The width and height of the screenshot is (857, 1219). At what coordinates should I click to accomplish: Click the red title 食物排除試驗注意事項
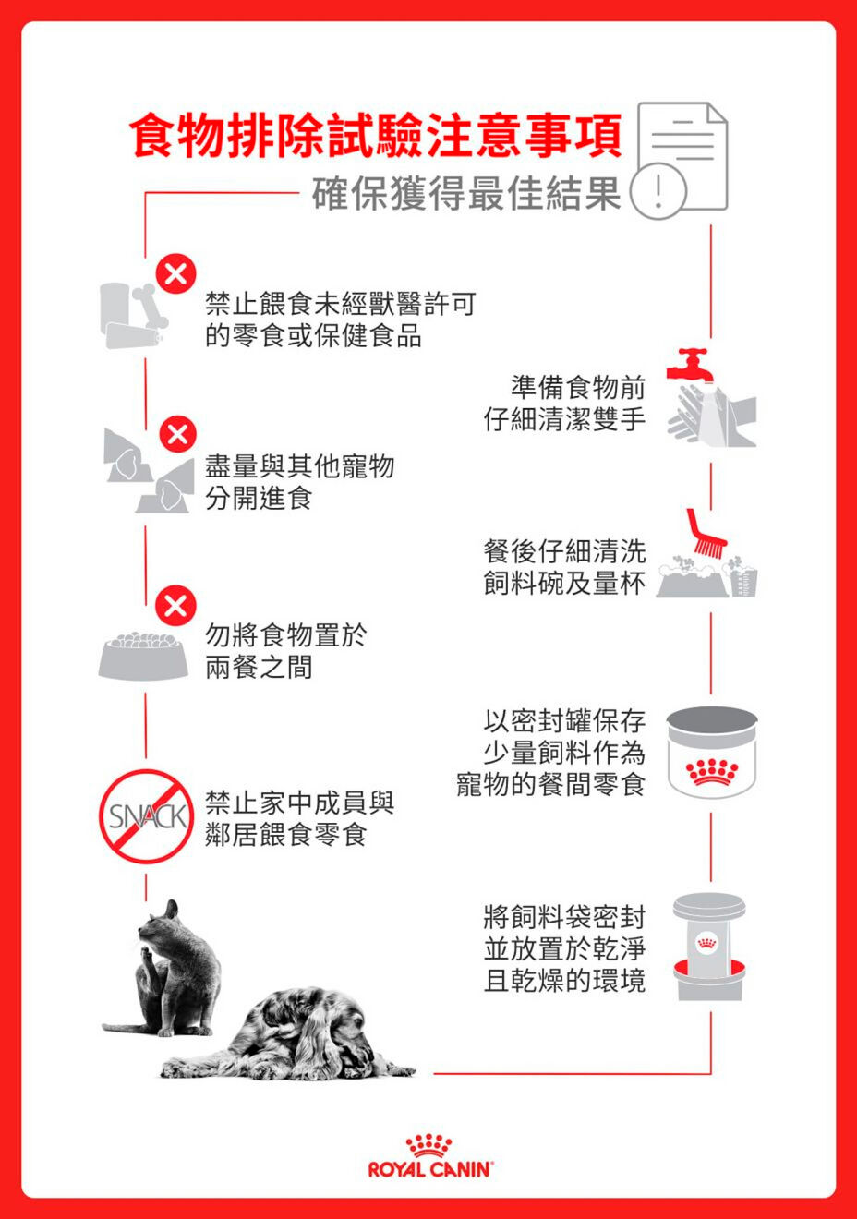[377, 136]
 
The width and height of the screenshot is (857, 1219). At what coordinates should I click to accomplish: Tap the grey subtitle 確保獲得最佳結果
[465, 193]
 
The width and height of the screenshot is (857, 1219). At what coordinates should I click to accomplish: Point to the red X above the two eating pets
[177, 434]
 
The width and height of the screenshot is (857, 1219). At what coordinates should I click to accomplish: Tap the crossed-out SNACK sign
[146, 816]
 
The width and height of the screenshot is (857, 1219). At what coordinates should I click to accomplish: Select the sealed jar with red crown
[711, 752]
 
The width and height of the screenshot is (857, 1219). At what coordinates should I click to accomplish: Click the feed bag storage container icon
[708, 947]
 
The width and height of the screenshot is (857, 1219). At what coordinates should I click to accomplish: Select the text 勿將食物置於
[285, 635]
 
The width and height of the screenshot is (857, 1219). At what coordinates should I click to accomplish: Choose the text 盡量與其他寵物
[299, 466]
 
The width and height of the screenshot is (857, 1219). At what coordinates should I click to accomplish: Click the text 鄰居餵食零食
[285, 835]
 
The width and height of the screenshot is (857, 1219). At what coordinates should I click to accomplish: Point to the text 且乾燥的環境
[564, 981]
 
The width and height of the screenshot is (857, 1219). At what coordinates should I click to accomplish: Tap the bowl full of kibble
[143, 656]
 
